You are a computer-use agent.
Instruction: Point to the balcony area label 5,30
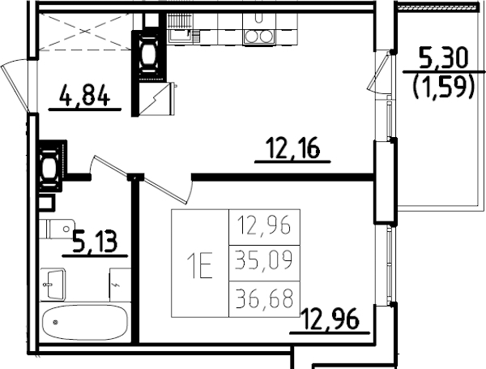tap(444, 58)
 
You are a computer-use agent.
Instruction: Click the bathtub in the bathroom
tap(85, 325)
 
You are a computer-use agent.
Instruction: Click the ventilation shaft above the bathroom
tap(50, 167)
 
